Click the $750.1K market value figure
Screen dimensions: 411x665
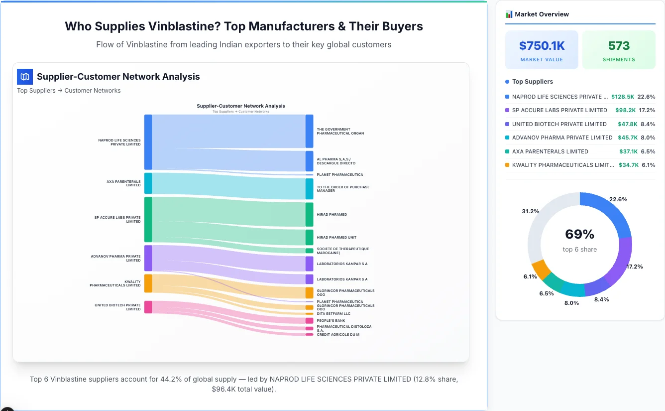click(x=542, y=46)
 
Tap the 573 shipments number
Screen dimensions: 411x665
click(x=619, y=46)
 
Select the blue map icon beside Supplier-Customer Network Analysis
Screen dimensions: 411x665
click(x=25, y=77)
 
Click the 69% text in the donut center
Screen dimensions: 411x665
click(x=579, y=234)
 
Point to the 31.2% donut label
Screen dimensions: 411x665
click(x=530, y=211)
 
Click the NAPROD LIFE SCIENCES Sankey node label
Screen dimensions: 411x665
click(x=119, y=142)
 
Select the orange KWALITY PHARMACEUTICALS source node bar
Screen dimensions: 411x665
click(x=148, y=283)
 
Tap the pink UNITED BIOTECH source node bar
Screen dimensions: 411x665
click(x=148, y=307)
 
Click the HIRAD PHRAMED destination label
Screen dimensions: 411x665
click(x=332, y=215)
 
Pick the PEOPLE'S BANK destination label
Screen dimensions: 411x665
click(x=331, y=321)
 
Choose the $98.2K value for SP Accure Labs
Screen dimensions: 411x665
click(x=626, y=110)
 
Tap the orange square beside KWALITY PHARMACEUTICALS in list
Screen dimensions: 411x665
click(x=507, y=165)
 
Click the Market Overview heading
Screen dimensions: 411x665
click(x=542, y=14)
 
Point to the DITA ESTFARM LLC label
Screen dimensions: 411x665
click(x=333, y=314)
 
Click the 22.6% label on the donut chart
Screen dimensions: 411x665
click(x=618, y=199)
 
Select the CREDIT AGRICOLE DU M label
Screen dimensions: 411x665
click(x=337, y=335)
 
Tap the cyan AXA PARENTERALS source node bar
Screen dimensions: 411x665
click(x=148, y=183)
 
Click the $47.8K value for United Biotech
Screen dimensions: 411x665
click(x=626, y=124)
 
